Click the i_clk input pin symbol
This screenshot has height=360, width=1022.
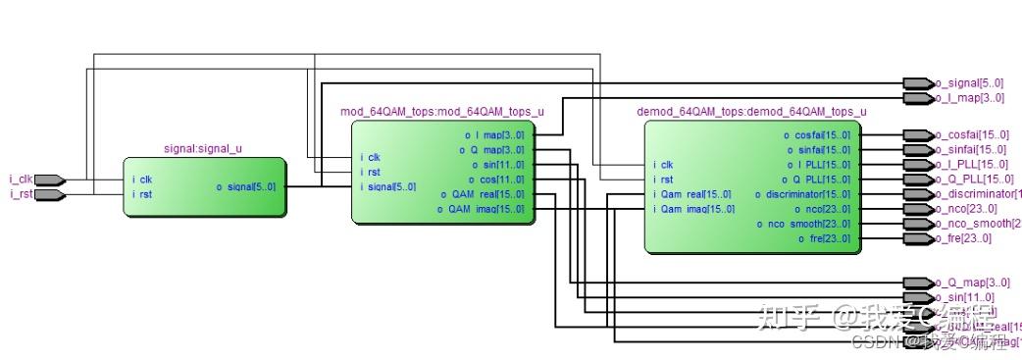click(49, 180)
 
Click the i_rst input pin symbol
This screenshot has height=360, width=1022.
click(49, 194)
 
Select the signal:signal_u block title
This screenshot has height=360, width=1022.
click(203, 149)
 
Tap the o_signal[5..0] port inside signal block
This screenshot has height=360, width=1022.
click(246, 186)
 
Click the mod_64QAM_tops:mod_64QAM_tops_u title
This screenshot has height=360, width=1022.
click(441, 112)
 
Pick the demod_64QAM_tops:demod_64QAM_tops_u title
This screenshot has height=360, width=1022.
click(751, 112)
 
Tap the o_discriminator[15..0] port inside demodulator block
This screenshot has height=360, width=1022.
click(802, 194)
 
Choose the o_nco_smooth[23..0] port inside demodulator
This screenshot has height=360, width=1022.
click(803, 224)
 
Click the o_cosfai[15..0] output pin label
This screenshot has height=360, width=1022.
click(971, 134)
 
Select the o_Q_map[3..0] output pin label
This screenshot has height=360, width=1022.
click(965, 283)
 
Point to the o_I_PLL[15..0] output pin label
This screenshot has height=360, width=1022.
click(971, 164)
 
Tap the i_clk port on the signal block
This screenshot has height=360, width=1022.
click(142, 180)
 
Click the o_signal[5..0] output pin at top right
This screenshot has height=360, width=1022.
click(968, 83)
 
